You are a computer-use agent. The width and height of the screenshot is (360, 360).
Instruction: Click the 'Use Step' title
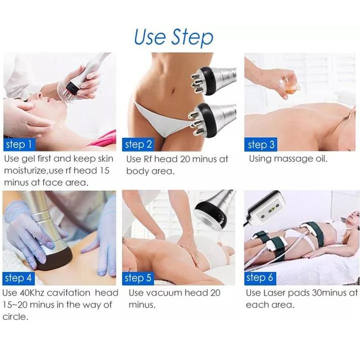[x=174, y=37]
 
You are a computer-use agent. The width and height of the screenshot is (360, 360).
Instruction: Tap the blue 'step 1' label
[x=19, y=144]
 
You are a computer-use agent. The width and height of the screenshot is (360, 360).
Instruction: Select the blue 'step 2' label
[x=138, y=144]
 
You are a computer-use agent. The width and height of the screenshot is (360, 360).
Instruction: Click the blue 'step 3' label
[x=261, y=144]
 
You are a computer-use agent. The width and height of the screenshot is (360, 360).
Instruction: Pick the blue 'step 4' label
[x=18, y=278]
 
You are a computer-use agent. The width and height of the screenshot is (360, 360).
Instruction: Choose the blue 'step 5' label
[x=138, y=278]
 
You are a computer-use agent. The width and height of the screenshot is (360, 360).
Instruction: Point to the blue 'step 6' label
[x=260, y=278]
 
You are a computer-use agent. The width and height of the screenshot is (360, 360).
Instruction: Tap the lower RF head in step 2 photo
[x=211, y=120]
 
